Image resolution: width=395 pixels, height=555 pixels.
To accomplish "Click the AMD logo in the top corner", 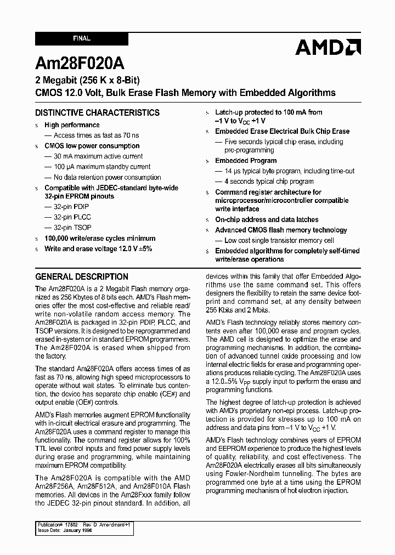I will [328, 47].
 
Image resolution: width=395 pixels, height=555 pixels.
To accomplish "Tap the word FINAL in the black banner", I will [82, 39].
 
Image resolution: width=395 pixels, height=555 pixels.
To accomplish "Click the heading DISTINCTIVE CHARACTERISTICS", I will [97, 112].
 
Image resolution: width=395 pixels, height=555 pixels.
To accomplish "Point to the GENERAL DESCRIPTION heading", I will [82, 276].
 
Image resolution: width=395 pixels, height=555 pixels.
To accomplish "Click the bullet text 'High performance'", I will [72, 125].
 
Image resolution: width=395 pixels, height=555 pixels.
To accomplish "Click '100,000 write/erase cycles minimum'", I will [100, 239].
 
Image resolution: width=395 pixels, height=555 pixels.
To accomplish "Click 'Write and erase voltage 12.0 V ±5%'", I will [98, 248].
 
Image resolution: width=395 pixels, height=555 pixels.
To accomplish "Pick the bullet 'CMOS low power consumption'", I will [92, 146].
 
